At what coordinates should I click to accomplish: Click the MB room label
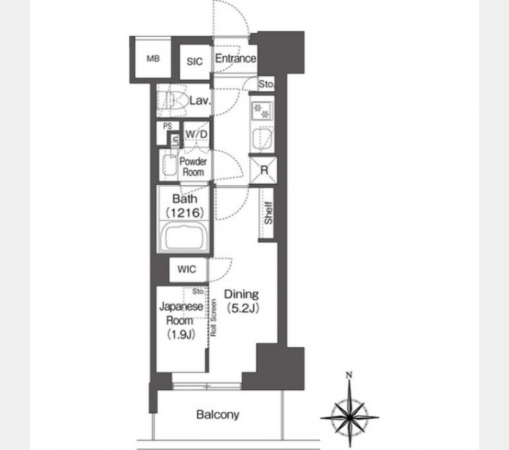tap(153, 59)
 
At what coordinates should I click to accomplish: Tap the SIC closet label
tap(195, 62)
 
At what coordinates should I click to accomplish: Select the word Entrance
tap(235, 58)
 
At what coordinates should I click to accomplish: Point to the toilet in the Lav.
tap(171, 100)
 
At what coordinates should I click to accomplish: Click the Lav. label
tap(200, 101)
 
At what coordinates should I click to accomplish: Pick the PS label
tap(167, 126)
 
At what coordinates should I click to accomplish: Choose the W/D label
tap(196, 134)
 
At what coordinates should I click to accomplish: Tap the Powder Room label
tap(193, 167)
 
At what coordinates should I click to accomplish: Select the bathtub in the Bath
tap(184, 236)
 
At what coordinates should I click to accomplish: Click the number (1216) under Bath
tap(185, 213)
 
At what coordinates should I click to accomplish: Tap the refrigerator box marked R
tap(264, 170)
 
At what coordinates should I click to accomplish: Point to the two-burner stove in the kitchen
tap(261, 110)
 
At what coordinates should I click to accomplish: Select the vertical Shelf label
tap(268, 213)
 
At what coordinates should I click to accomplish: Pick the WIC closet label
tap(187, 270)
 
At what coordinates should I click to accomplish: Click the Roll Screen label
tap(214, 318)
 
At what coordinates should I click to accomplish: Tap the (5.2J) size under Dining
tap(243, 308)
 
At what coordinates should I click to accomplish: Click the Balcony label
tap(217, 414)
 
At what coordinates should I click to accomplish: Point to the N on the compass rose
tap(349, 375)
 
